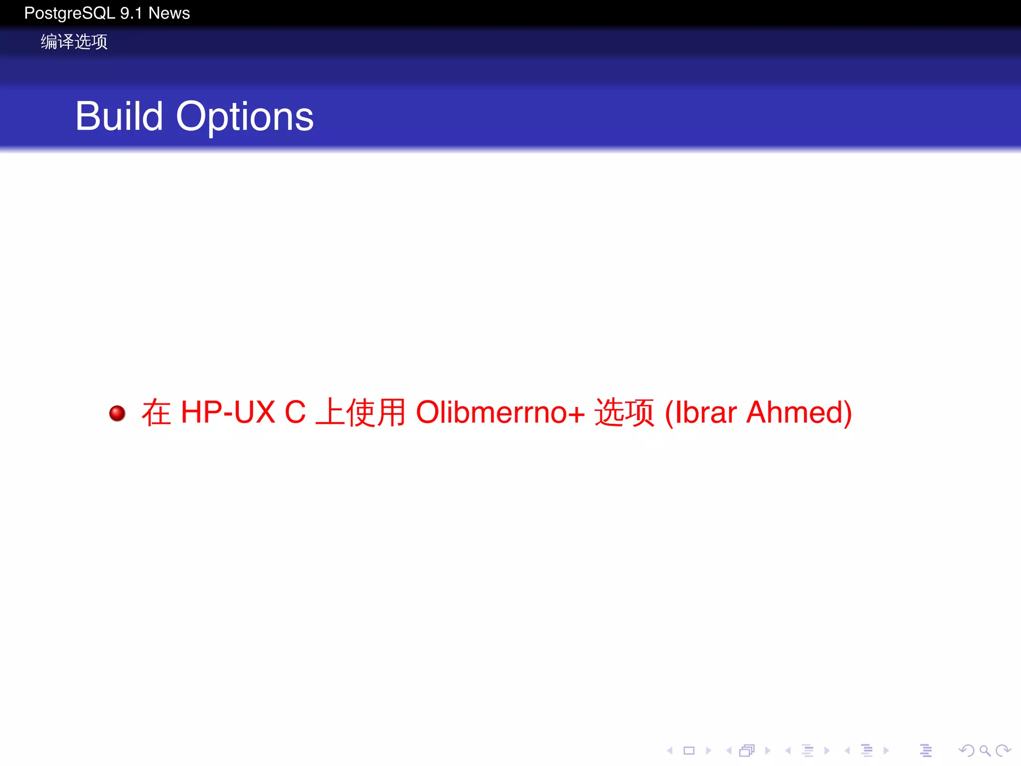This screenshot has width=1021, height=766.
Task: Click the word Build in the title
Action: pos(119,116)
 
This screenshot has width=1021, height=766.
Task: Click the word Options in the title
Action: pos(244,117)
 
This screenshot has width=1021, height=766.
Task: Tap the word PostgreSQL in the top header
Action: pos(69,13)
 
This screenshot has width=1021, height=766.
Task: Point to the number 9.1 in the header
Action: pos(131,13)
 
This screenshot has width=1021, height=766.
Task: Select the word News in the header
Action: pos(169,13)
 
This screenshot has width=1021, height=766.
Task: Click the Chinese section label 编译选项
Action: pos(74,41)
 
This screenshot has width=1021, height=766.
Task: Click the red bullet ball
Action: pos(117,413)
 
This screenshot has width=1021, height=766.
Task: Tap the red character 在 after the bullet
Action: pos(156,412)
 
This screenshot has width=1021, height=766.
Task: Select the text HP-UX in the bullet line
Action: pos(228,412)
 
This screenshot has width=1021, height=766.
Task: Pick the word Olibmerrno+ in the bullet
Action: pos(500,412)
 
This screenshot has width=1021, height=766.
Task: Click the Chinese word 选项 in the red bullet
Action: pos(624,412)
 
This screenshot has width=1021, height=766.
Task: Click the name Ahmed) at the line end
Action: pos(799,412)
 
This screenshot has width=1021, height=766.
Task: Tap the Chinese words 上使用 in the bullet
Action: pos(360,412)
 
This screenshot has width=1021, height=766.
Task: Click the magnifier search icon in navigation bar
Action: pos(985,750)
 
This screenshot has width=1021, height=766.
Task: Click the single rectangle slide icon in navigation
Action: pos(689,750)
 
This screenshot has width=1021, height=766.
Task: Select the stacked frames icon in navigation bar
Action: pos(747,750)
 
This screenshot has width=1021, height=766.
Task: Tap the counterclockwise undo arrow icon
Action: pos(966,750)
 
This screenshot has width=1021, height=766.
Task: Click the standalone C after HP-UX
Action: pos(295,412)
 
